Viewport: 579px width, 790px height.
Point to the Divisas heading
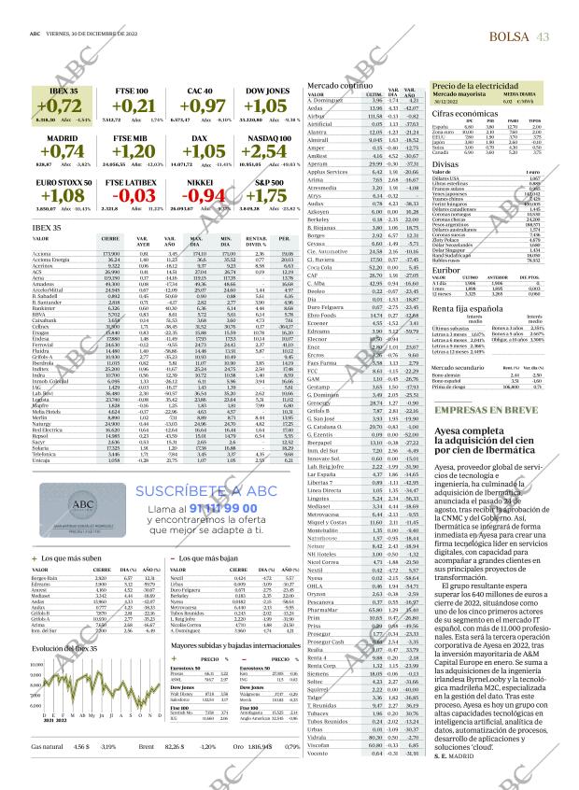pos(445,162)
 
